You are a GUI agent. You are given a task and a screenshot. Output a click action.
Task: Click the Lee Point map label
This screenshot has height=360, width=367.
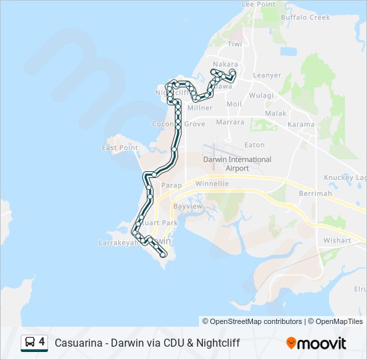(258, 4)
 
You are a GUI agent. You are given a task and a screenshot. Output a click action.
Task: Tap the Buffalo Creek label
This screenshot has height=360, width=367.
(305, 17)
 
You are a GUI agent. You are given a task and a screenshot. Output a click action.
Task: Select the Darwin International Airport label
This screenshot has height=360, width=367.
(237, 163)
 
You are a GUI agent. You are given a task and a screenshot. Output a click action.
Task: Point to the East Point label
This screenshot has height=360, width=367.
(119, 147)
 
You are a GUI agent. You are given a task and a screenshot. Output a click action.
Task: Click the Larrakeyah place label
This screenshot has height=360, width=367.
(119, 243)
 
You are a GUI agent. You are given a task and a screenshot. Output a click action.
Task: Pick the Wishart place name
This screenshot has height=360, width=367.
(337, 240)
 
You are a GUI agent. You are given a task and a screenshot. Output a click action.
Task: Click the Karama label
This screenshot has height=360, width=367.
(300, 124)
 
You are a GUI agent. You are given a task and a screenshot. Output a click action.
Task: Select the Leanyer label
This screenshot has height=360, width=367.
(267, 75)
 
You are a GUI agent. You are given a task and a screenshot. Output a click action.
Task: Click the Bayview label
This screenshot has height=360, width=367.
(188, 207)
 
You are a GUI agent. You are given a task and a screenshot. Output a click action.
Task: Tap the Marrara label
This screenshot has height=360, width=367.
(230, 123)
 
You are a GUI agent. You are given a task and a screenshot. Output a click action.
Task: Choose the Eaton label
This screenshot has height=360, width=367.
(254, 145)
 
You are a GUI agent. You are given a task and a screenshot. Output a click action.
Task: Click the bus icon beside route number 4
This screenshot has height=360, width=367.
(30, 343)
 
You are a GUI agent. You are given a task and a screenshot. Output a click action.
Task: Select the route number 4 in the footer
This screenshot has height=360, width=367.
(42, 342)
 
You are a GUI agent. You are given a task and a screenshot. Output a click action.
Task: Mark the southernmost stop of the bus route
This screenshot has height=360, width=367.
(163, 255)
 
